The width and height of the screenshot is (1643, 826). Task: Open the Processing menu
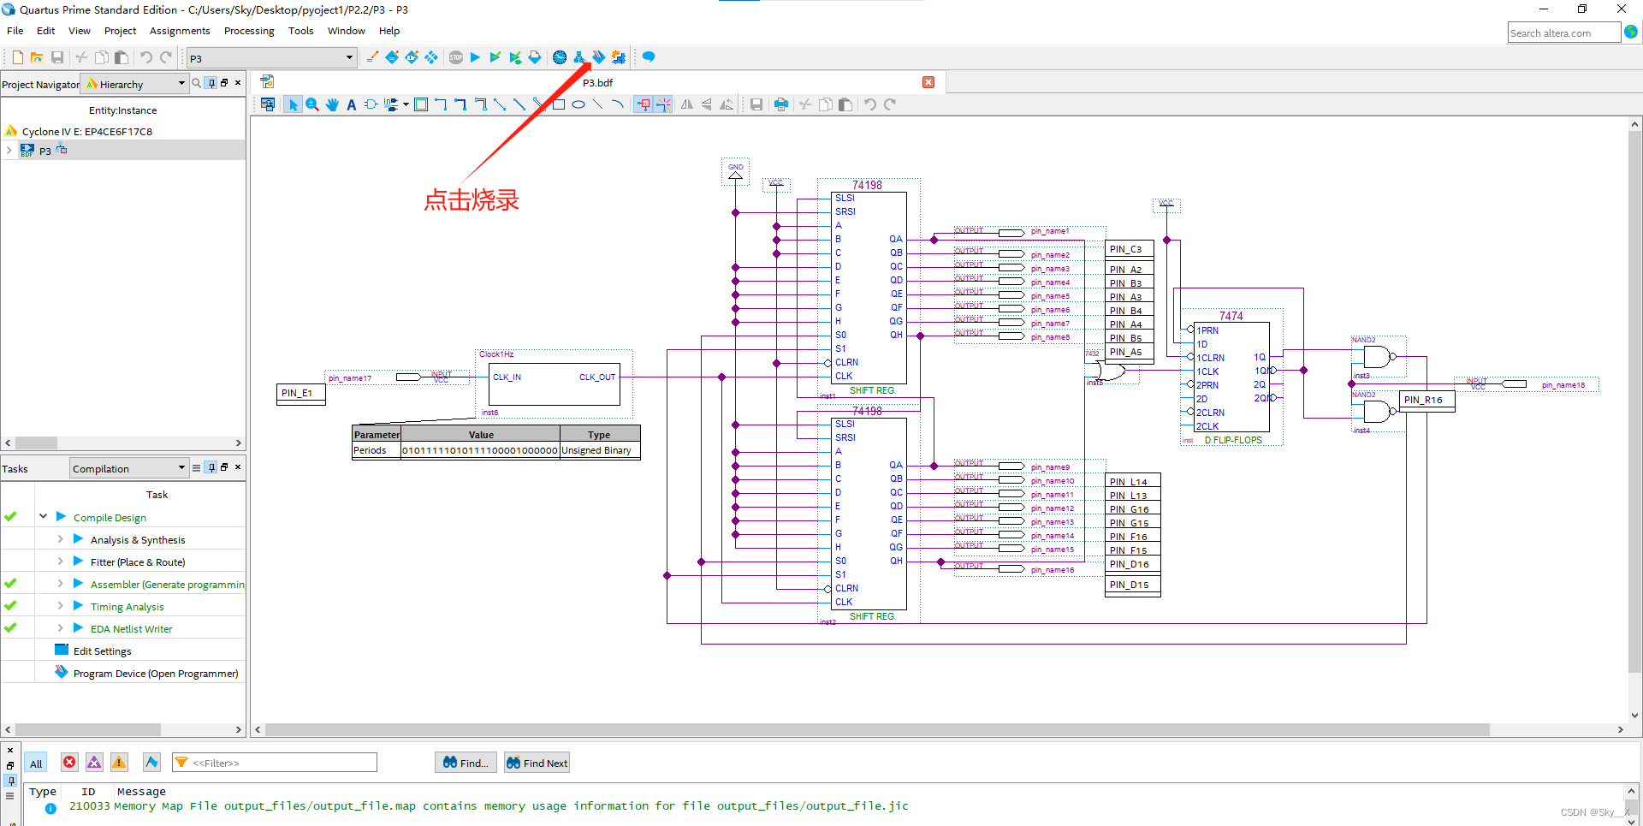(249, 31)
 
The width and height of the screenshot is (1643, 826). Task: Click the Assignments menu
(180, 31)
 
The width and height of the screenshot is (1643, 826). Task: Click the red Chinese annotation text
(472, 200)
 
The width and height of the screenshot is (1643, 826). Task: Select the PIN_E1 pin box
(298, 393)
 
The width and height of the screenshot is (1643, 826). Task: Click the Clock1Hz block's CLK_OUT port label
(596, 377)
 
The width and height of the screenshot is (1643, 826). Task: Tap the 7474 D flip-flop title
(1231, 316)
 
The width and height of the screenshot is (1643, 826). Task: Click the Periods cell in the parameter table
(371, 450)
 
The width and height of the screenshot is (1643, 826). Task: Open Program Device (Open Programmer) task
(156, 674)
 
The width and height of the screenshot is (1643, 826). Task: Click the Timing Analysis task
(127, 607)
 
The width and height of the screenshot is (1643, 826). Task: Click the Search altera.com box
(1563, 33)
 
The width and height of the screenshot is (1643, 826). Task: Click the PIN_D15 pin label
(1130, 585)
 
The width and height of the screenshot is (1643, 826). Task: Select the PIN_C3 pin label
(1126, 249)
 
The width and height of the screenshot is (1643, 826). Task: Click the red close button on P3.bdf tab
(928, 82)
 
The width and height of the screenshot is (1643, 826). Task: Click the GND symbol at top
(735, 171)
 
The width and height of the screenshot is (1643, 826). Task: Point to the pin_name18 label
(1563, 385)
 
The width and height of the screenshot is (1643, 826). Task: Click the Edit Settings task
(102, 651)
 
